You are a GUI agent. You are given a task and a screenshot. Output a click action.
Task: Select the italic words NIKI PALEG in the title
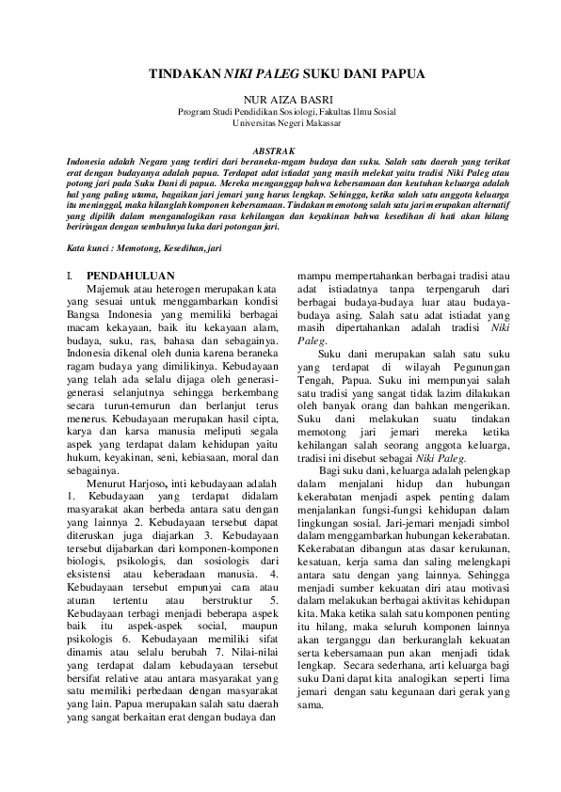pyautogui.click(x=252, y=74)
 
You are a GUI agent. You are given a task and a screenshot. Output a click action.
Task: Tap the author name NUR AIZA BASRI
pyautogui.click(x=280, y=99)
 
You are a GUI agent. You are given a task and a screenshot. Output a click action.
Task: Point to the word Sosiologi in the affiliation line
pyautogui.click(x=297, y=111)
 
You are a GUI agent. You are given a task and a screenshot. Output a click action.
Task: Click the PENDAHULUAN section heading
pyautogui.click(x=123, y=275)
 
